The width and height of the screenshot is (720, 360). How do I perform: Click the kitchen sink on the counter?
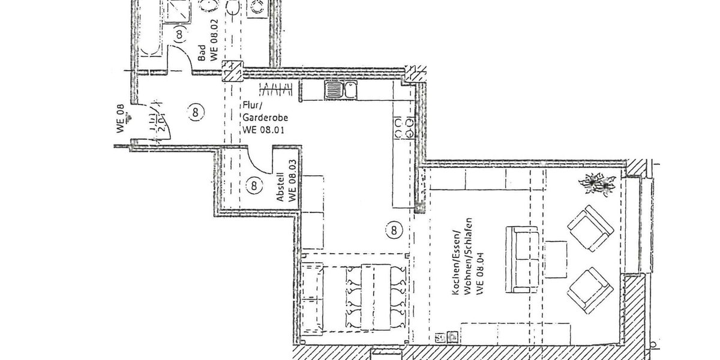(x=341, y=91)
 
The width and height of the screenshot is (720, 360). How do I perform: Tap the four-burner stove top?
(x=404, y=127)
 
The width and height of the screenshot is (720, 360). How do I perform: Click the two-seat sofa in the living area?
(x=521, y=259)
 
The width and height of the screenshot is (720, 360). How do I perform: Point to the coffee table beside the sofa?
(x=556, y=259)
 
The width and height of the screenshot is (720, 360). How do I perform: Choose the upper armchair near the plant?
(x=590, y=228)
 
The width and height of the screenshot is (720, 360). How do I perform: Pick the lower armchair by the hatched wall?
(x=590, y=289)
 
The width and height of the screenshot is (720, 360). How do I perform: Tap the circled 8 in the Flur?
(x=196, y=112)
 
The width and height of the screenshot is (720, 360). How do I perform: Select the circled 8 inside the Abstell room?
(x=254, y=185)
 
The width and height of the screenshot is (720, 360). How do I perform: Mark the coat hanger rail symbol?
(x=277, y=90)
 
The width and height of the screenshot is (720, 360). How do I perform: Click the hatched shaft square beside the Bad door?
(x=232, y=70)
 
